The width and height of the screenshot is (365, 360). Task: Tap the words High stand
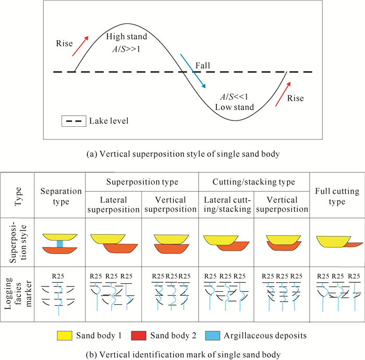[127, 37]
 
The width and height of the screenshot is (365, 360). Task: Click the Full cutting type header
[337, 196]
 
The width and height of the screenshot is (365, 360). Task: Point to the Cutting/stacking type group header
[254, 182]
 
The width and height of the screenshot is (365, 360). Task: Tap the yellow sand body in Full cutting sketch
[332, 242]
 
